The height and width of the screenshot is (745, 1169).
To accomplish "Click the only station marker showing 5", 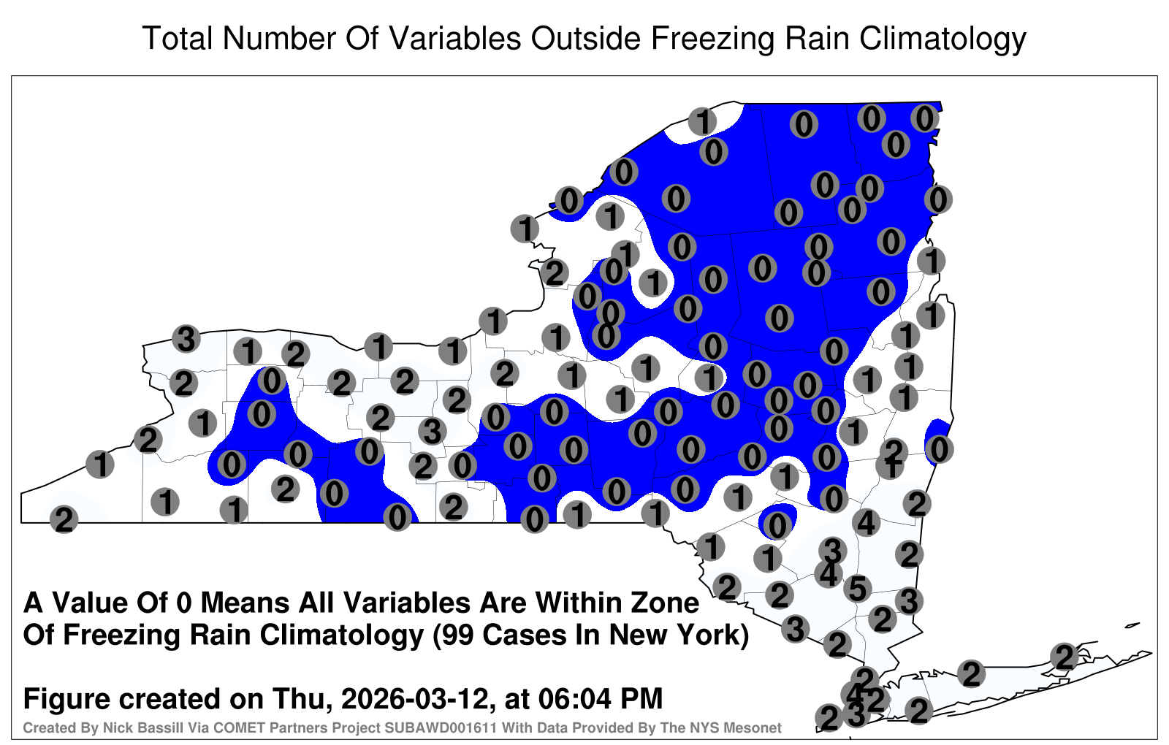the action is [x=858, y=588].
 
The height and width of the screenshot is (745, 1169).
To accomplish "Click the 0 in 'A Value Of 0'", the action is [x=185, y=603].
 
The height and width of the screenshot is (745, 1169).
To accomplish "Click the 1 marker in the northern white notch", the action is [x=702, y=121].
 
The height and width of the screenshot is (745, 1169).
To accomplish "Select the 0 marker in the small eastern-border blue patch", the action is [x=939, y=448].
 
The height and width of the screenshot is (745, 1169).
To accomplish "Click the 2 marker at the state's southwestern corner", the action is [x=64, y=519].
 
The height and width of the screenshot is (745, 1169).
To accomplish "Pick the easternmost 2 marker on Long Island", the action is [x=1065, y=656].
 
